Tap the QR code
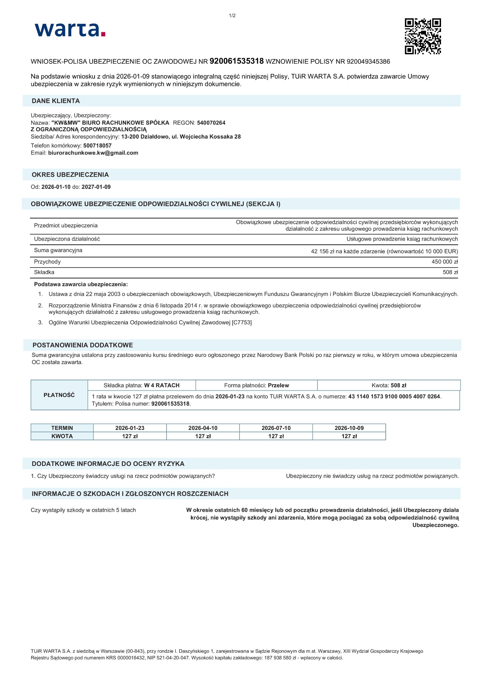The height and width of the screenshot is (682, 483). pyautogui.click(x=423, y=36)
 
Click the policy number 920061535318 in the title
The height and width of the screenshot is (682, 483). pyautogui.click(x=237, y=61)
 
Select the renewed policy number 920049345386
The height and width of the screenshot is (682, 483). pyautogui.click(x=368, y=62)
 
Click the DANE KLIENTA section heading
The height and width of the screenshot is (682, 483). pyautogui.click(x=56, y=101)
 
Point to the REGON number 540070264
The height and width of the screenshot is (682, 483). pyautogui.click(x=211, y=123)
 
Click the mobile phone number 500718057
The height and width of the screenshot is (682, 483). pyautogui.click(x=97, y=146)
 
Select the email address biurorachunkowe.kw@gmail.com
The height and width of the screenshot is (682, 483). pyautogui.click(x=93, y=153)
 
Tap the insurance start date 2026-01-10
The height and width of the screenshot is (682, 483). pyautogui.click(x=56, y=187)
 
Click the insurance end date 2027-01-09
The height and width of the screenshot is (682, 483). pyautogui.click(x=96, y=187)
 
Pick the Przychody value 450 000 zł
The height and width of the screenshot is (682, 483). pyautogui.click(x=445, y=262)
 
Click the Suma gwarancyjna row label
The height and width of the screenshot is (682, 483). pyautogui.click(x=58, y=250)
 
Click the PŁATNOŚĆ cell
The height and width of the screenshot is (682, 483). pyautogui.click(x=59, y=395)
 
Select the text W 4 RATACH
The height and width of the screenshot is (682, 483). pyautogui.click(x=162, y=385)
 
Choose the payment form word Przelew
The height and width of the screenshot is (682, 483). pyautogui.click(x=278, y=385)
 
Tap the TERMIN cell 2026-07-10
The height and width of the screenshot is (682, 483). pyautogui.click(x=276, y=428)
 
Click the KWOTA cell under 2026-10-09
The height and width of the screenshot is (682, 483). pyautogui.click(x=349, y=436)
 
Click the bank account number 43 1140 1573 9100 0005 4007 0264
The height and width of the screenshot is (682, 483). pyautogui.click(x=394, y=397)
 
